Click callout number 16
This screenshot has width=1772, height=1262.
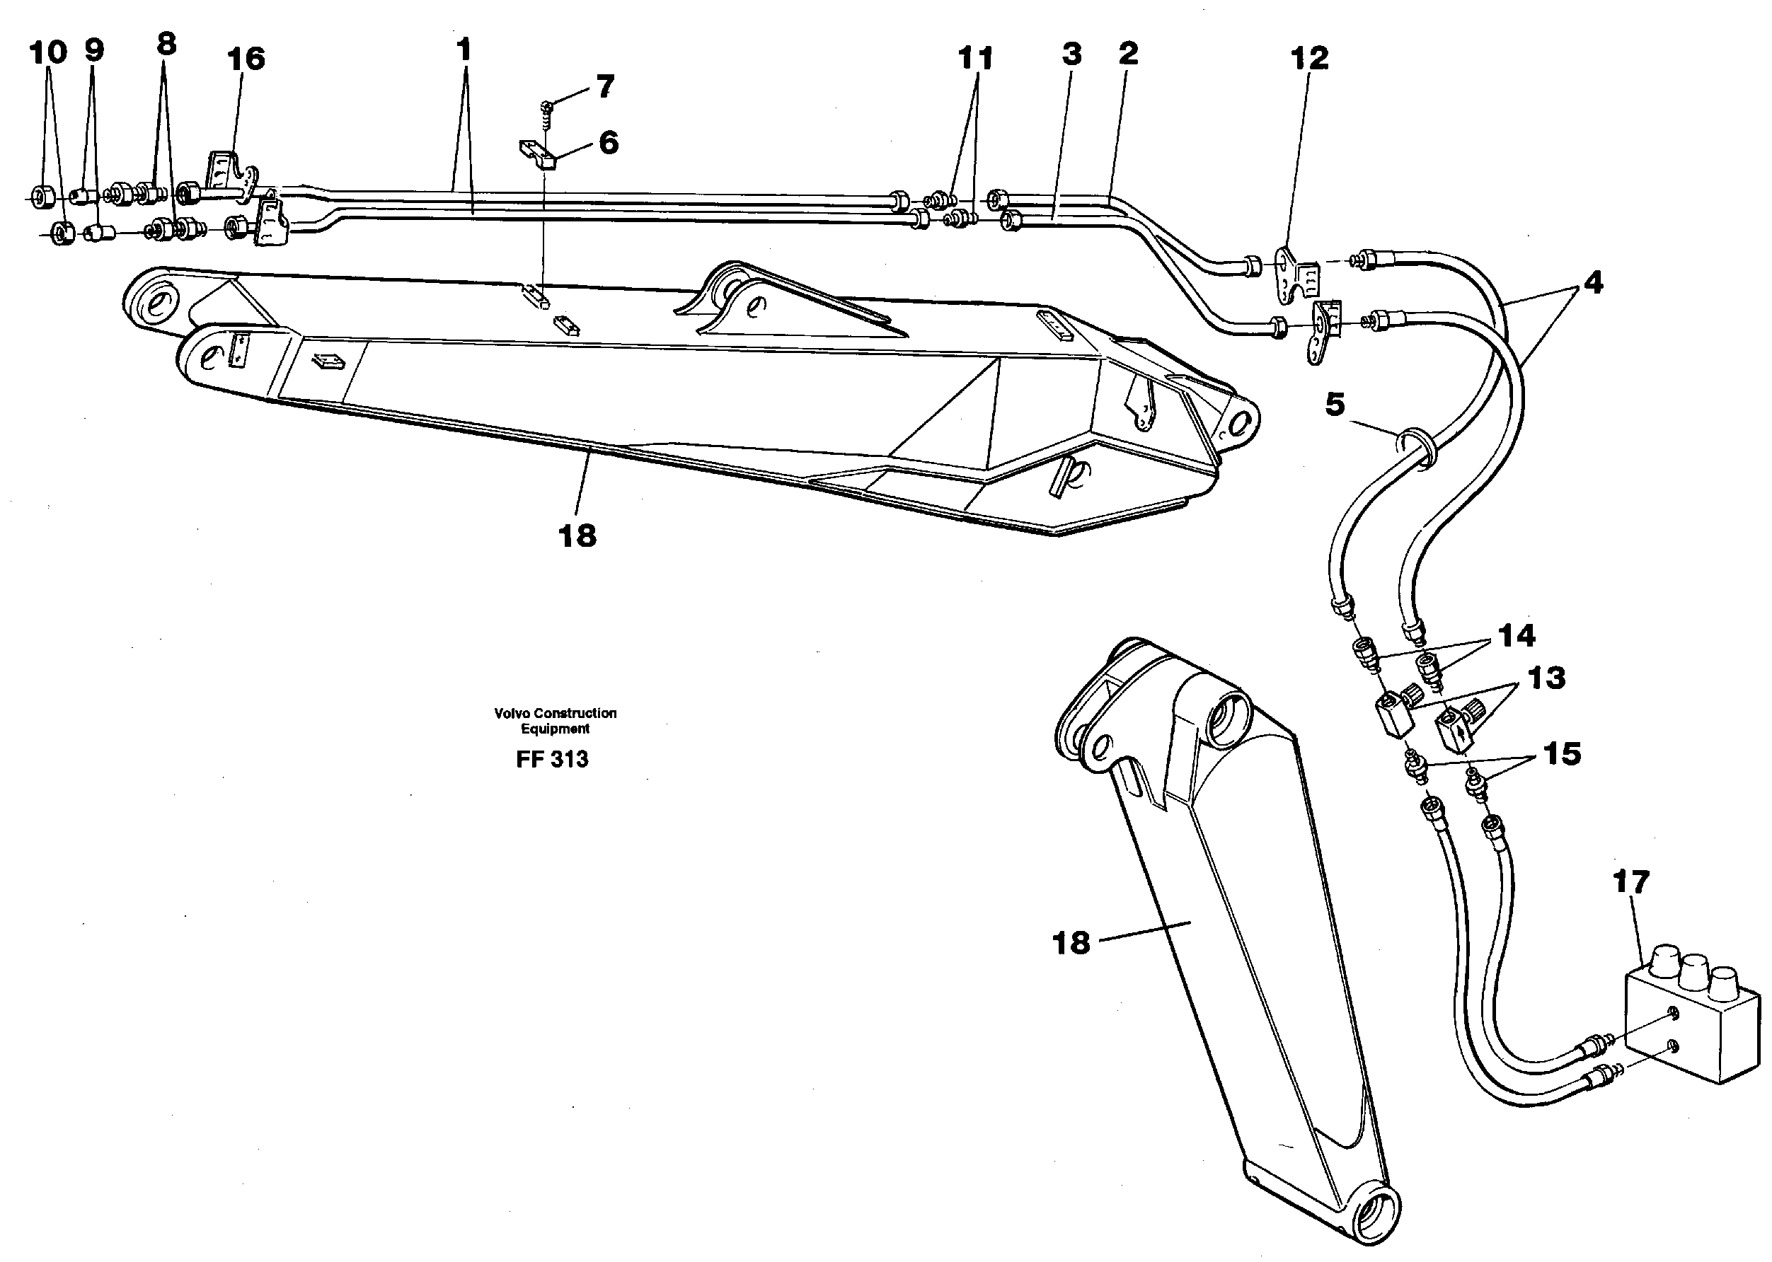click(246, 59)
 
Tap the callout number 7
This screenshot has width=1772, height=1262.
click(606, 86)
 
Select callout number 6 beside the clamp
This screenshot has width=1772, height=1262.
click(608, 142)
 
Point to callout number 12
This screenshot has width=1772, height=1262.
click(1310, 57)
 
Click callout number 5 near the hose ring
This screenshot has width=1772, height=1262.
click(1335, 405)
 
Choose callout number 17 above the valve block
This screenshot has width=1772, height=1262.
click(1630, 882)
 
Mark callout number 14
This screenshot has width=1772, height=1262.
click(1517, 636)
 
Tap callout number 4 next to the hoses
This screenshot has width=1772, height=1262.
click(1592, 283)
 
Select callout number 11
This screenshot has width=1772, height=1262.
click(975, 57)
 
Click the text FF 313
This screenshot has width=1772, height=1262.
click(552, 759)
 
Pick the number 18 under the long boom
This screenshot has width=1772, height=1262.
click(577, 536)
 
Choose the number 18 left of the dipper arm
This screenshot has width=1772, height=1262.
click(1070, 944)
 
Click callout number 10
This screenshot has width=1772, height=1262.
click(48, 53)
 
